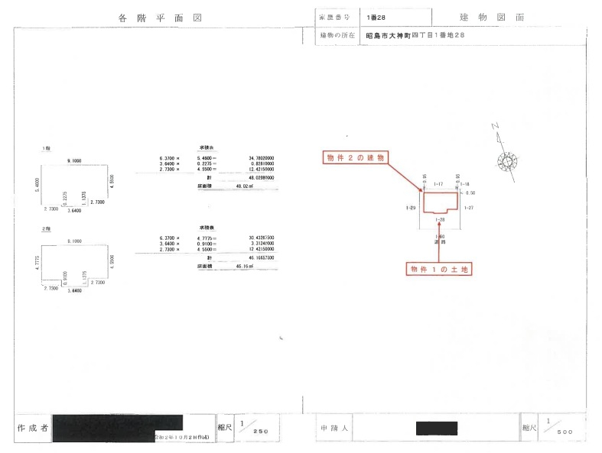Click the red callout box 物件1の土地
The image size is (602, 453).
[439, 269]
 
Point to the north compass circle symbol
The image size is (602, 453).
[506, 162]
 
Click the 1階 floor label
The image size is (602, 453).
[47, 148]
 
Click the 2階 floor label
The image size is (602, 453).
[47, 229]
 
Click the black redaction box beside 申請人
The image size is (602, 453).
[436, 428]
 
